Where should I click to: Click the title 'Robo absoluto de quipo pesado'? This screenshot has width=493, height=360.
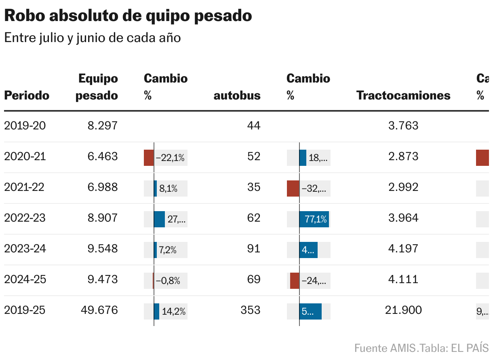tap(128, 16)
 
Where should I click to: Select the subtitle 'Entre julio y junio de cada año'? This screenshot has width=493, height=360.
tap(92, 38)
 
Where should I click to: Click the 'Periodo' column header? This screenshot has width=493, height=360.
tap(27, 95)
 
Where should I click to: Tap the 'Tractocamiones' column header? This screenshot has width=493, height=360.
tap(403, 95)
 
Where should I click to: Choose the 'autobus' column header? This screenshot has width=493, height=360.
tap(237, 95)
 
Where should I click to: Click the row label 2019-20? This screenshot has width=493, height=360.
tap(25, 126)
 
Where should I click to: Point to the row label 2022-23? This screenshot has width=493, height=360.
tap(25, 218)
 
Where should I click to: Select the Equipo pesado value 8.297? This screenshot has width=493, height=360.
tap(103, 126)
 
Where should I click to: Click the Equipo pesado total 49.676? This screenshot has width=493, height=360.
tap(99, 310)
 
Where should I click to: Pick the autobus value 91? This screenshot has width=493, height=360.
tap(254, 249)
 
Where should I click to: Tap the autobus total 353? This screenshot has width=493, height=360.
tap(250, 310)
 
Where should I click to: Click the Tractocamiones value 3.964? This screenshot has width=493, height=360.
tap(403, 218)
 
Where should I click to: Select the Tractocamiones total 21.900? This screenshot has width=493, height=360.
tap(403, 310)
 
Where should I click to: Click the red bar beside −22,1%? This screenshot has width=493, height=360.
tap(149, 158)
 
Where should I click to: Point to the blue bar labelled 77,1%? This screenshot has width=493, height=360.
tap(314, 219)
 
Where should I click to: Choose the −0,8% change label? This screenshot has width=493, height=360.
tap(168, 281)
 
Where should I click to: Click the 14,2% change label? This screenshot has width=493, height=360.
tap(174, 311)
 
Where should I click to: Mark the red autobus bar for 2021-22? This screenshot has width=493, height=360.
tap(293, 188)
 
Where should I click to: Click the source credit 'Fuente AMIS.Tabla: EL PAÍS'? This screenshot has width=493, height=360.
tap(421, 348)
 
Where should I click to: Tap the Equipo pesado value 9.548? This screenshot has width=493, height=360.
tap(103, 249)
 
